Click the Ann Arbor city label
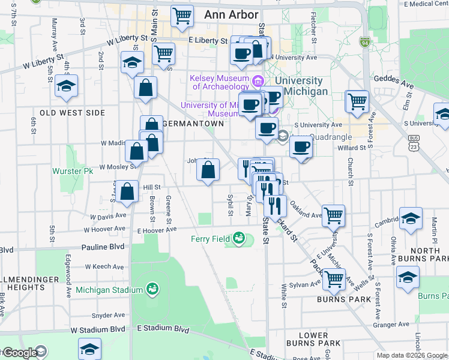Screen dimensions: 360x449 (231, 14)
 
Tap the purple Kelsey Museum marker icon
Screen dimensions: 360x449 (258, 80)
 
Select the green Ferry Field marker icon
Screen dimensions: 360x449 (240, 239)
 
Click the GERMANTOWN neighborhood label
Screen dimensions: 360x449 (193, 123)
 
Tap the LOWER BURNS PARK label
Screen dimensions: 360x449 (322, 340)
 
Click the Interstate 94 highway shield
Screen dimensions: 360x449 (364, 43)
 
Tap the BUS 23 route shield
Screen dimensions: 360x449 (413, 142)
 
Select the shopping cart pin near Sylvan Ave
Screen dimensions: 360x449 (334, 278)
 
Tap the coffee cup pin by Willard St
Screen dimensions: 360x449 (301, 146)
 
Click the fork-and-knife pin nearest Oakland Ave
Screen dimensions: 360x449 (274, 205)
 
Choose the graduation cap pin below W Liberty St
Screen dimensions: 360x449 (131, 62)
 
